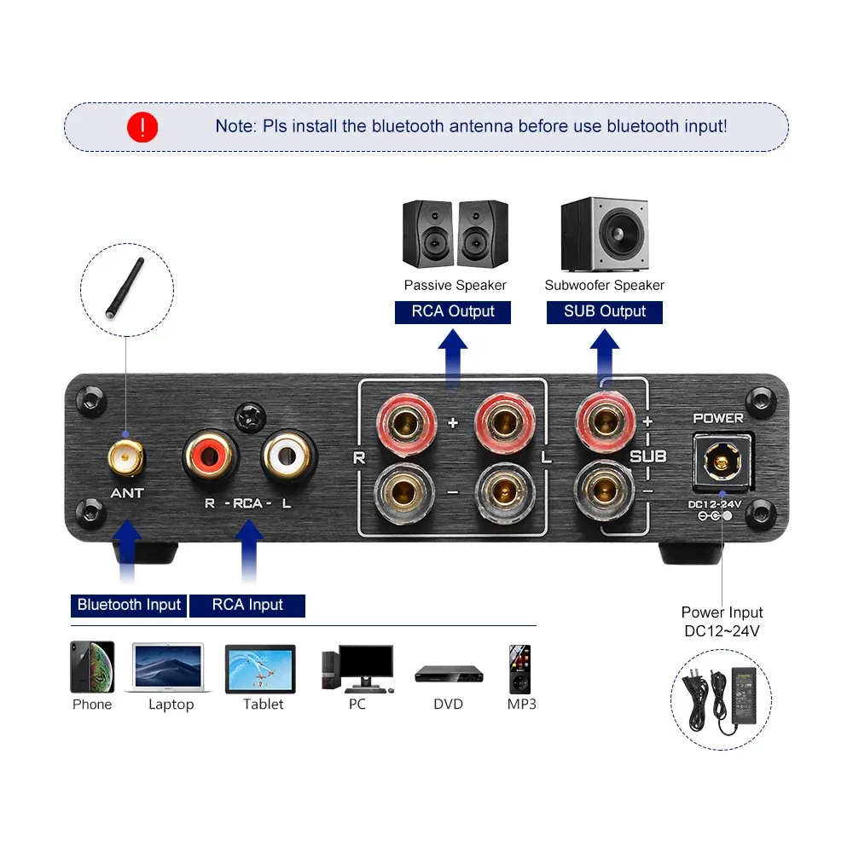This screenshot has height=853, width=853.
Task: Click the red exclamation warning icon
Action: click(142, 127)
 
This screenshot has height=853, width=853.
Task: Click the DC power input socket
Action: click(721, 461)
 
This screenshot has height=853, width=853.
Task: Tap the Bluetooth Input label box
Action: click(129, 605)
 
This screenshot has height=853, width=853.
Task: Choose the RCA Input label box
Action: click(247, 605)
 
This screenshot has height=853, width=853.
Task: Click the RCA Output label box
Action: click(453, 311)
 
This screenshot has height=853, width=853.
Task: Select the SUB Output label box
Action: click(605, 311)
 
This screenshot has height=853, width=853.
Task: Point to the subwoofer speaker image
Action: click(604, 235)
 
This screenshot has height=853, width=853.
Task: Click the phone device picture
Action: click(92, 667)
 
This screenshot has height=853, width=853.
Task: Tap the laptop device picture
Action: click(169, 667)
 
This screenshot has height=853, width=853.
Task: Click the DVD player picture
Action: click(449, 674)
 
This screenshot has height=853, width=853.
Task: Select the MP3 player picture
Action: click(519, 669)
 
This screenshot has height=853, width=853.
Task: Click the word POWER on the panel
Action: click(717, 418)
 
